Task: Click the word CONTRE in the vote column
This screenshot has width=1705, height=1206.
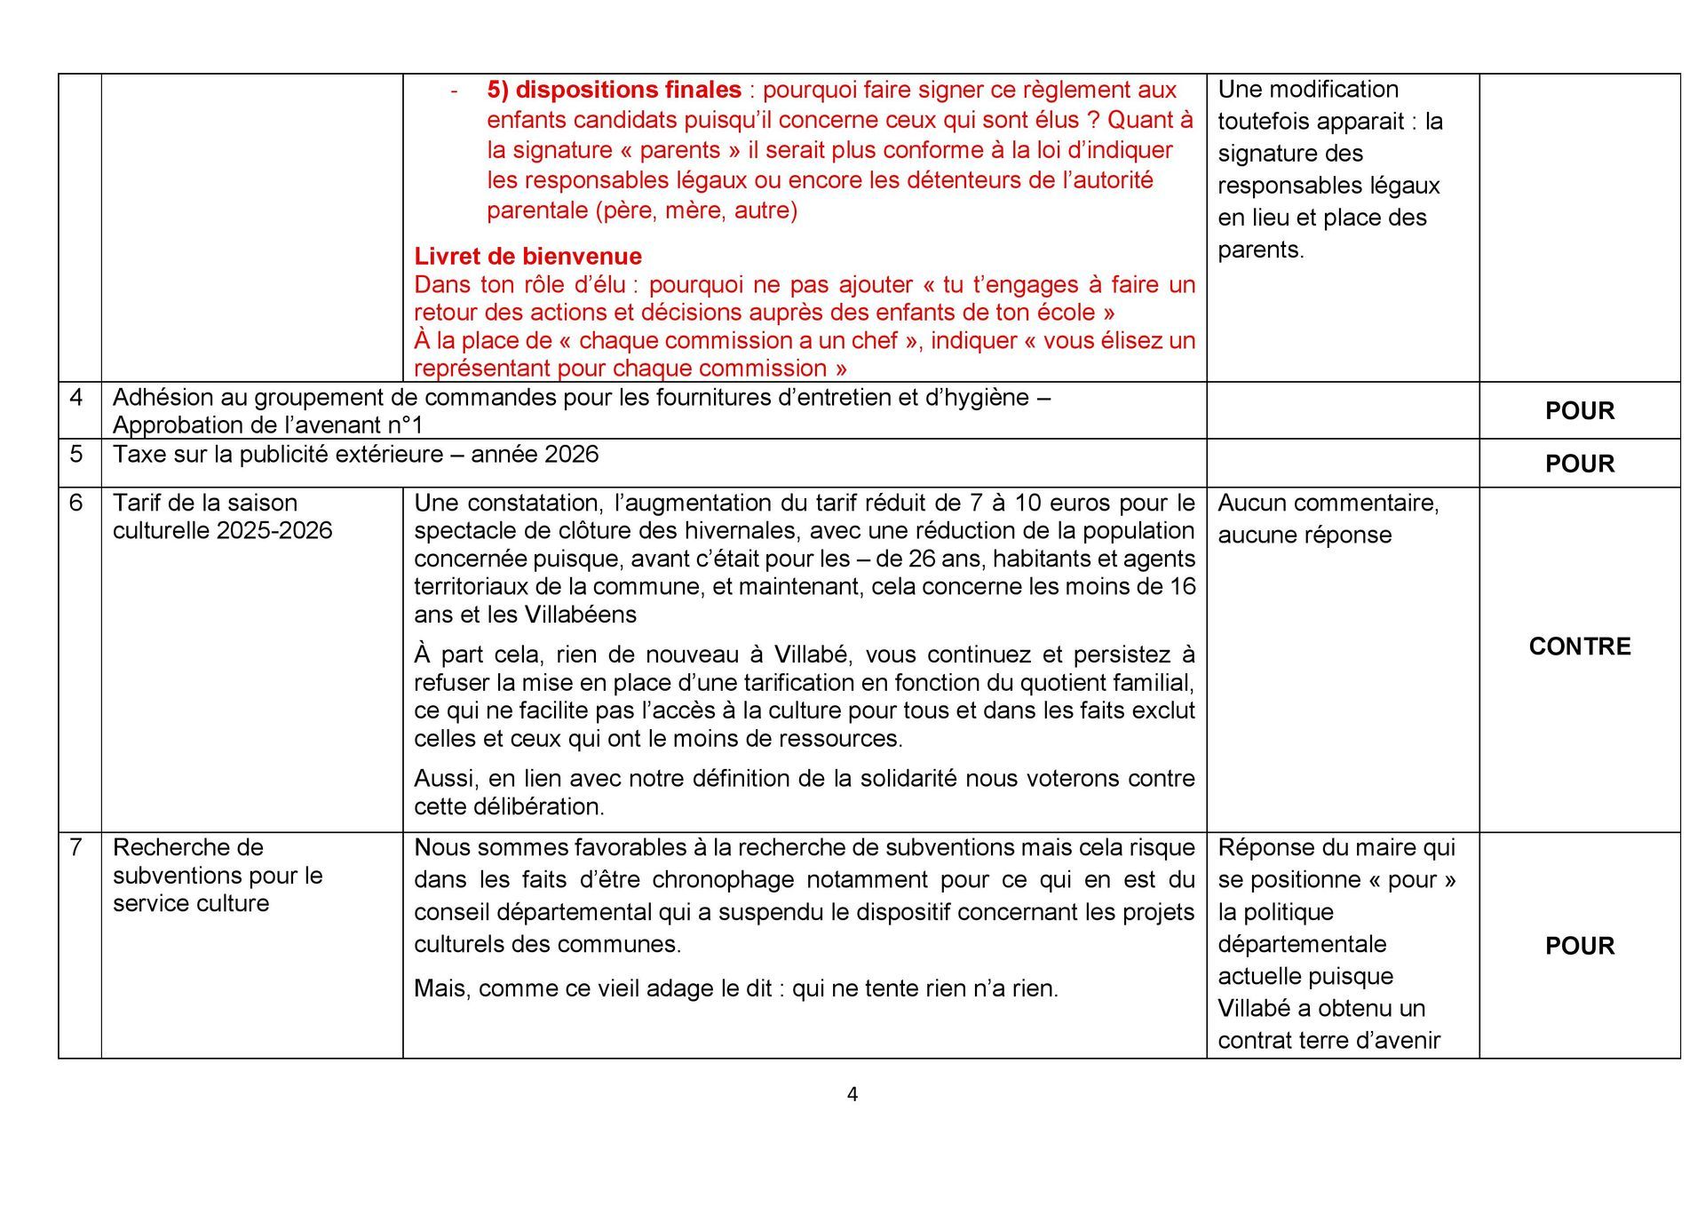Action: pyautogui.click(x=1579, y=647)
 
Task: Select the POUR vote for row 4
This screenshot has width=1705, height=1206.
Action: pyautogui.click(x=1579, y=411)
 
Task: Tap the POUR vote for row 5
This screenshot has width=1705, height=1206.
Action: pyautogui.click(x=1579, y=464)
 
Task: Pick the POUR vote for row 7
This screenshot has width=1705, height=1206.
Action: pyautogui.click(x=1579, y=946)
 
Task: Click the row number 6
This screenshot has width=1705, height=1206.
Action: pyautogui.click(x=76, y=503)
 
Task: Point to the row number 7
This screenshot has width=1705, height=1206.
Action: pyautogui.click(x=76, y=847)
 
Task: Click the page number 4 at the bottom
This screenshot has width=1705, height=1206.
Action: pyautogui.click(x=852, y=1094)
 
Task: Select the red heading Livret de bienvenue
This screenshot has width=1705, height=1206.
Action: pyautogui.click(x=527, y=257)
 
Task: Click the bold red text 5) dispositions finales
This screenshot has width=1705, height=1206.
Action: pyautogui.click(x=614, y=90)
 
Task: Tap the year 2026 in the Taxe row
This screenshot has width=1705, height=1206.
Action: pyautogui.click(x=571, y=455)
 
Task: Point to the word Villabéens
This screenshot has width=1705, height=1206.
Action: pyautogui.click(x=580, y=615)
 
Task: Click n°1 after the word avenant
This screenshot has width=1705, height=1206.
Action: pyautogui.click(x=405, y=425)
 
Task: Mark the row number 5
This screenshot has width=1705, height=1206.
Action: pyautogui.click(x=76, y=455)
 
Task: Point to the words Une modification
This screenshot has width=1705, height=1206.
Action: pyautogui.click(x=1307, y=90)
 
